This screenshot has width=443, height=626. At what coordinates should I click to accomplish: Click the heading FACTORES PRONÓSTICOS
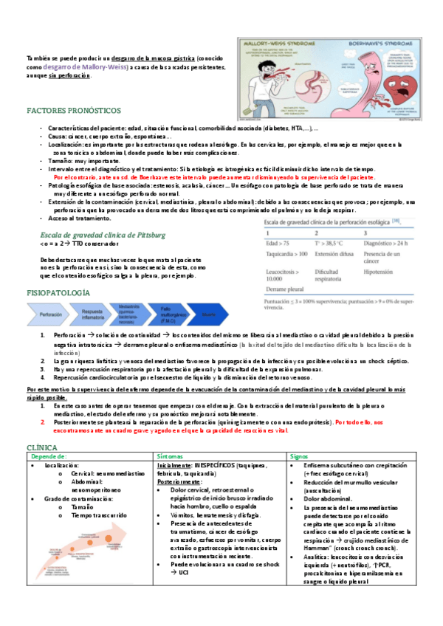tap(73, 110)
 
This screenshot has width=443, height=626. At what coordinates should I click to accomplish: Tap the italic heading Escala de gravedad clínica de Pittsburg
tap(103, 235)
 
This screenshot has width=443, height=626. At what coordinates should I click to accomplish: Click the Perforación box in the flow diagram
tap(51, 314)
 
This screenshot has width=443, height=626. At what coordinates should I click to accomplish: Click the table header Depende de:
tap(52, 457)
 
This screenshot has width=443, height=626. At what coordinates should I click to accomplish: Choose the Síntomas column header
tap(173, 457)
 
